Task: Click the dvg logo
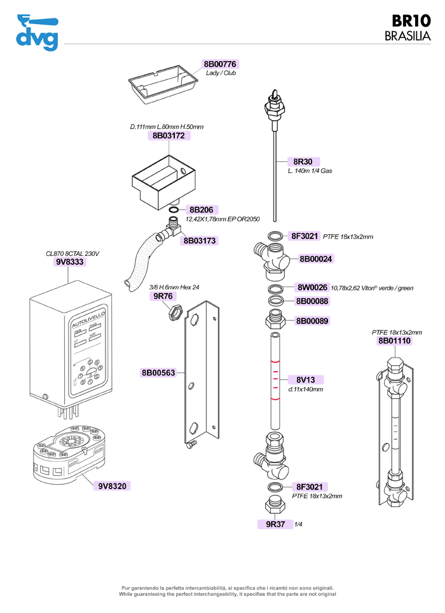[36, 32]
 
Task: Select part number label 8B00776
[220, 64]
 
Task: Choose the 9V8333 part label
[70, 261]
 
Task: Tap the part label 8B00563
[158, 373]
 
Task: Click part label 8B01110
[395, 341]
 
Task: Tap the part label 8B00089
[312, 321]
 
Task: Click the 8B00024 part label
[316, 259]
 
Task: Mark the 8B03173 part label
[200, 241]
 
